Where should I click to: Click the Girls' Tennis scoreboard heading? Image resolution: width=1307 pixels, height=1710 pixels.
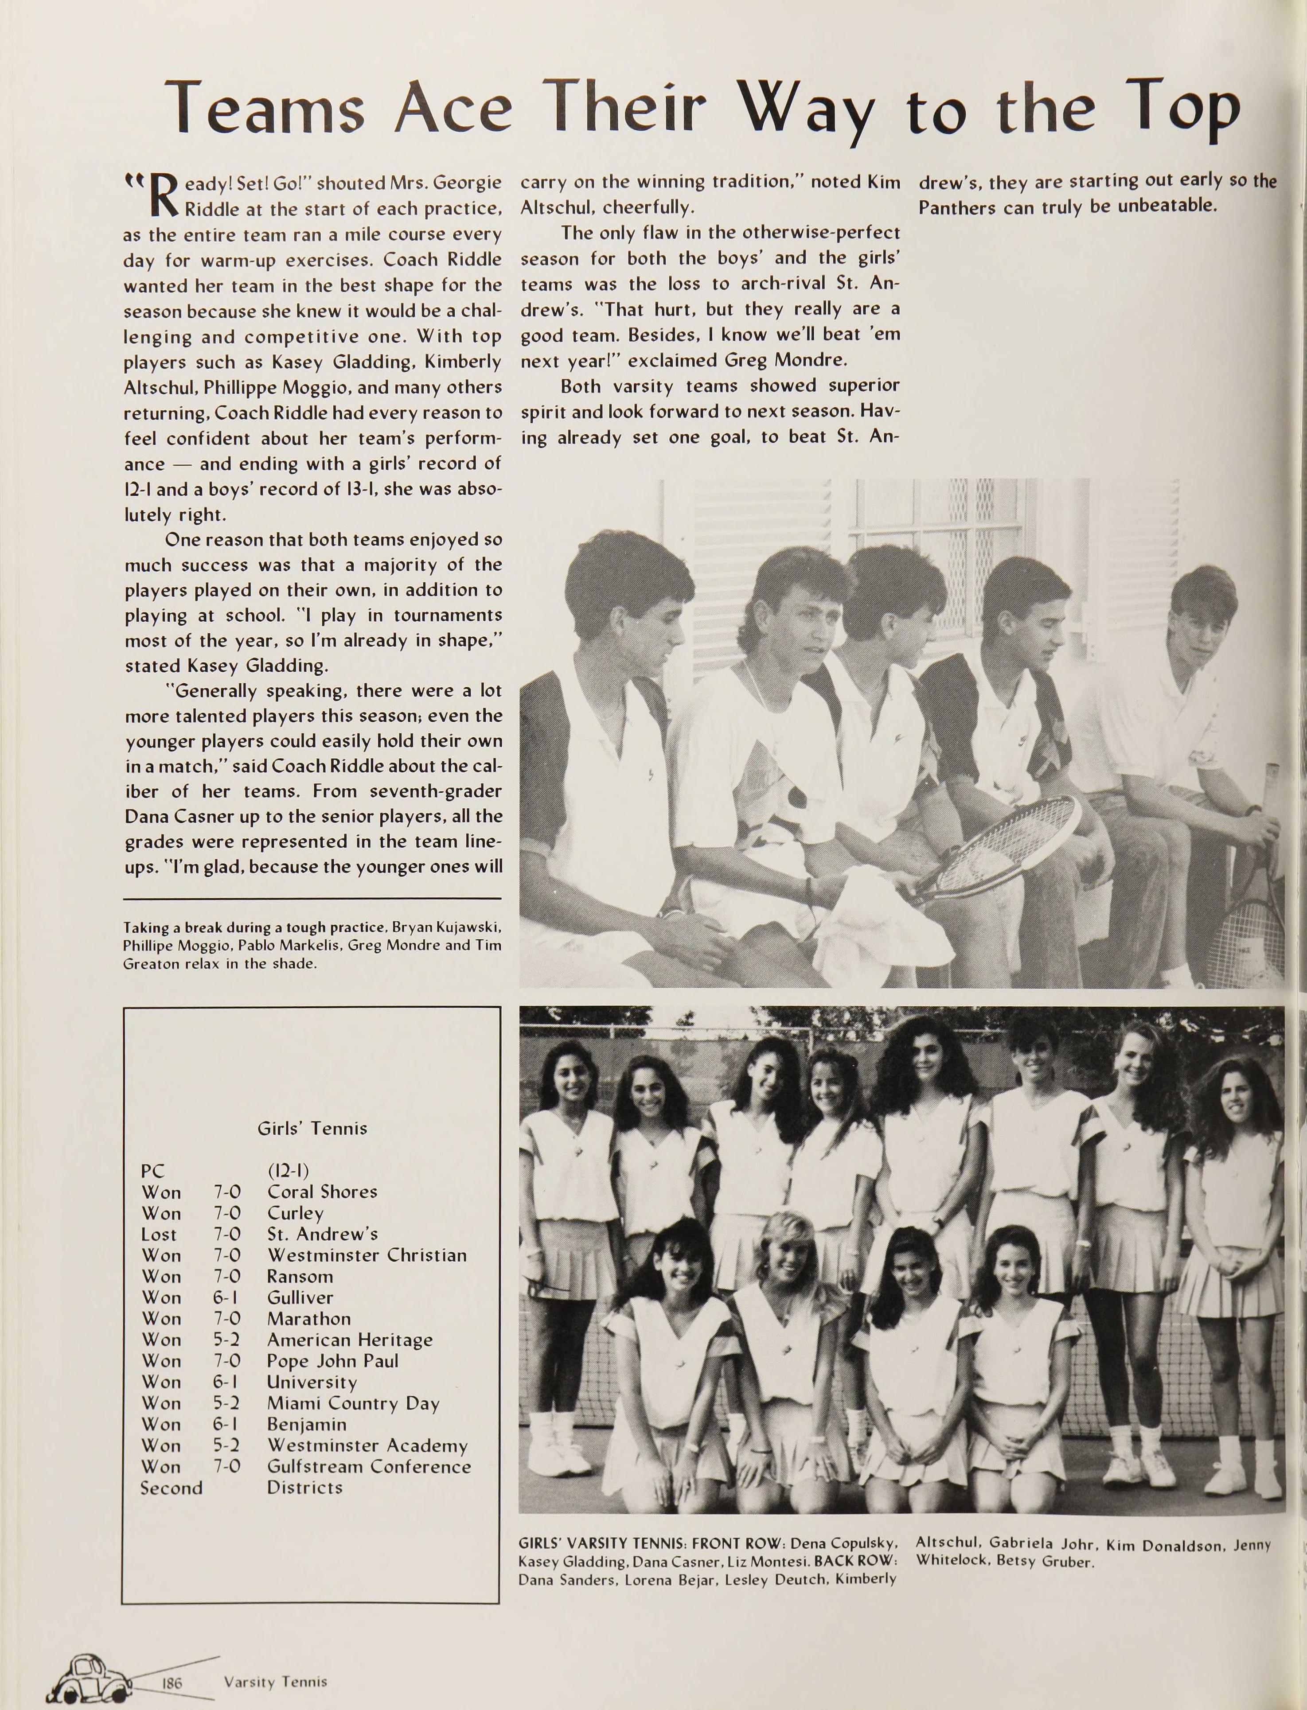click(312, 1128)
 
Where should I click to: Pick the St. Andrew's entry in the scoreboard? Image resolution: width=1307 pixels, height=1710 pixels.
click(322, 1234)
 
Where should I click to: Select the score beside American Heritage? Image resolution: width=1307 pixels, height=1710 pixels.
click(226, 1340)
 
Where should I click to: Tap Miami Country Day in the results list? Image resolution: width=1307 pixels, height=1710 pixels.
click(353, 1404)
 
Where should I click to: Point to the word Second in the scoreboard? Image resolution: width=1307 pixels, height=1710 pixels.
click(171, 1488)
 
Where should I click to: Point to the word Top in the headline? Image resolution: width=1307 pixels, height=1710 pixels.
click(1184, 109)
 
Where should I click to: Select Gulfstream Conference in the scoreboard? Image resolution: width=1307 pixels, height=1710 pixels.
click(369, 1467)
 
